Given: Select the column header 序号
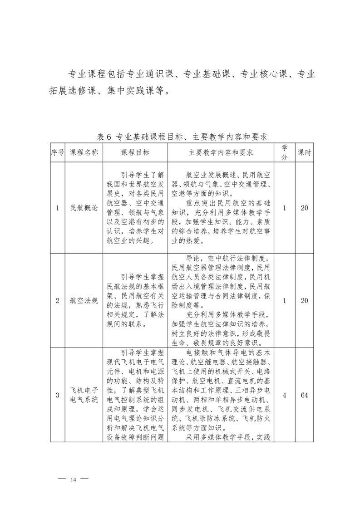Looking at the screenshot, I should pos(57,153).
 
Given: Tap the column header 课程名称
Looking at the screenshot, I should pos(84,153).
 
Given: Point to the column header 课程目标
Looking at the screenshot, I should pos(135,153).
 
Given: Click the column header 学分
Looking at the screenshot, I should pos(284,152).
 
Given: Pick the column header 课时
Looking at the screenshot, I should pos(304,153).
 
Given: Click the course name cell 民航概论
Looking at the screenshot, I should pos(84,208).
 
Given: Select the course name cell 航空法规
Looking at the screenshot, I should pos(84,300).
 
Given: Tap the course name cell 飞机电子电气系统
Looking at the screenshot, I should pos(84,395).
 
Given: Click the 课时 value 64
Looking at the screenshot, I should pos(304,395).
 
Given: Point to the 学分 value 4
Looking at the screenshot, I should pos(284,395).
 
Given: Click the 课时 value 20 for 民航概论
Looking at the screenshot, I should pos(304,208).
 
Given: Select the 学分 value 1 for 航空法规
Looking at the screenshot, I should pos(284,300).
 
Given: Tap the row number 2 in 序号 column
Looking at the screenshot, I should pos(57,300).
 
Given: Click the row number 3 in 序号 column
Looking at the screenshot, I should pos(57,395).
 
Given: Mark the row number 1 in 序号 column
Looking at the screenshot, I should pos(57,208).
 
